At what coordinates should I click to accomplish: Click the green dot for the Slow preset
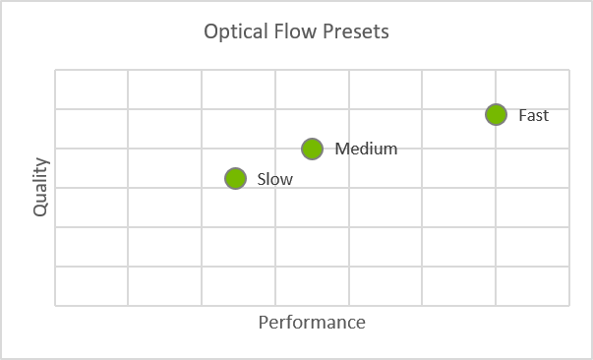click(234, 178)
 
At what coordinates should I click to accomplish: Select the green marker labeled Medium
click(312, 150)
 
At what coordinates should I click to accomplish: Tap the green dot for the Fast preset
click(496, 114)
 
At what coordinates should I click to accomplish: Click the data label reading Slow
click(274, 179)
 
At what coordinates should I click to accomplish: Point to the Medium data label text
click(366, 150)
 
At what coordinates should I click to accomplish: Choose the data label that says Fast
click(533, 115)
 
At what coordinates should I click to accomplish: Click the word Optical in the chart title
click(233, 31)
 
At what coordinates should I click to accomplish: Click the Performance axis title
click(312, 323)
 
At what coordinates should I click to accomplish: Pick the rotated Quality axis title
click(40, 188)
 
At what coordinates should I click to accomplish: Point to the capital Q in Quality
click(40, 210)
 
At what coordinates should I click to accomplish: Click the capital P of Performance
click(263, 323)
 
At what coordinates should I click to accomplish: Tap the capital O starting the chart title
click(210, 31)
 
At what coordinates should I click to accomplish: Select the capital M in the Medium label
click(341, 150)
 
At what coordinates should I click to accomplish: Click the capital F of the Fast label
click(522, 115)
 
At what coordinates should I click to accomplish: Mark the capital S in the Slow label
click(261, 179)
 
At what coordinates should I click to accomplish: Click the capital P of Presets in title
click(326, 31)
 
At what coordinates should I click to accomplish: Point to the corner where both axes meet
click(55, 306)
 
